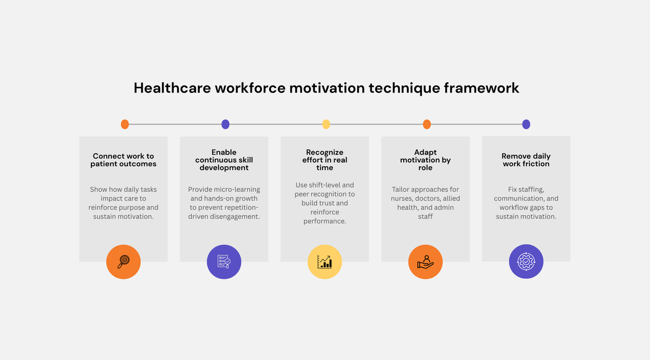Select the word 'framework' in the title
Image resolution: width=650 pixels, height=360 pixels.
click(x=481, y=88)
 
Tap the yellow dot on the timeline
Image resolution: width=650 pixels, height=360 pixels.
click(x=326, y=124)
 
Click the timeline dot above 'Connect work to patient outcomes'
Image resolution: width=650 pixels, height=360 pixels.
click(x=125, y=124)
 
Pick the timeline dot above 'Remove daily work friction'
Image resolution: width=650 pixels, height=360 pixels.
click(x=526, y=124)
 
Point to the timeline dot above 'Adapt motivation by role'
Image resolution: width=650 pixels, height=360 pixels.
click(x=427, y=124)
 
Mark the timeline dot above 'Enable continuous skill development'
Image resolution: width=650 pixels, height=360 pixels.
click(x=225, y=124)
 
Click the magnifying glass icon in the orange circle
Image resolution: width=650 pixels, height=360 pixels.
click(x=123, y=262)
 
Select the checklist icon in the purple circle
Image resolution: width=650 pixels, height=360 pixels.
click(x=224, y=262)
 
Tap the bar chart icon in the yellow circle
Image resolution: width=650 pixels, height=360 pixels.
click(x=324, y=262)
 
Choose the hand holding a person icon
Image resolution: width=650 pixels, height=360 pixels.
click(x=425, y=262)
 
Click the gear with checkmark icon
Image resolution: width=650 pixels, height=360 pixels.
click(x=526, y=262)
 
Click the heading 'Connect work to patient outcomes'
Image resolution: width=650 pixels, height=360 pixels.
click(x=123, y=160)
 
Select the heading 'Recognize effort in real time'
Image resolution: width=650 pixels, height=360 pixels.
click(x=324, y=160)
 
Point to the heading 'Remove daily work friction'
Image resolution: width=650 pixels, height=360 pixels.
click(x=526, y=160)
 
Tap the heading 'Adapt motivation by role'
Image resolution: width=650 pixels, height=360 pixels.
click(x=425, y=160)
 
